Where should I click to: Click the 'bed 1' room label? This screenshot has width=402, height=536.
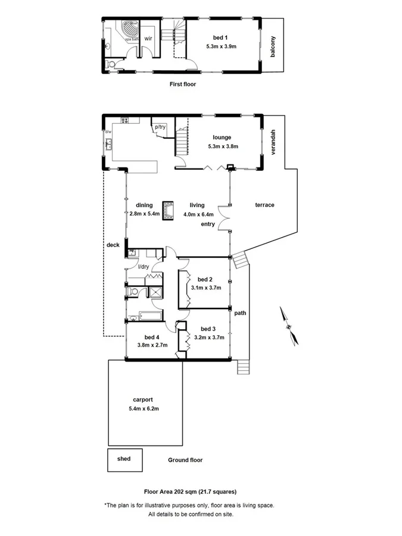pos(222,38)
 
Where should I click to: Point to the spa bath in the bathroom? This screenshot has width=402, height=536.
pos(127,30)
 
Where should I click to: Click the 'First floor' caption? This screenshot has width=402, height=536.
pos(183,85)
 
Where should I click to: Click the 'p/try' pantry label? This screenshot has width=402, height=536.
pos(160,127)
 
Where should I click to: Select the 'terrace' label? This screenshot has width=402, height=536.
pos(265,205)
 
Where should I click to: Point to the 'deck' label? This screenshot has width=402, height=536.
pos(113,245)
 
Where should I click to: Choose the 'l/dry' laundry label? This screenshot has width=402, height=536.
pos(144,266)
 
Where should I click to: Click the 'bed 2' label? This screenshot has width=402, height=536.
pos(205,279)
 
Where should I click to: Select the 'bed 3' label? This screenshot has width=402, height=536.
pos(208,329)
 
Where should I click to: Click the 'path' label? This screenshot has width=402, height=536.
pos(240,313)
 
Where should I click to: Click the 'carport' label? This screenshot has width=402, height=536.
pos(144,400)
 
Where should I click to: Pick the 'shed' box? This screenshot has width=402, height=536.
pos(124,459)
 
